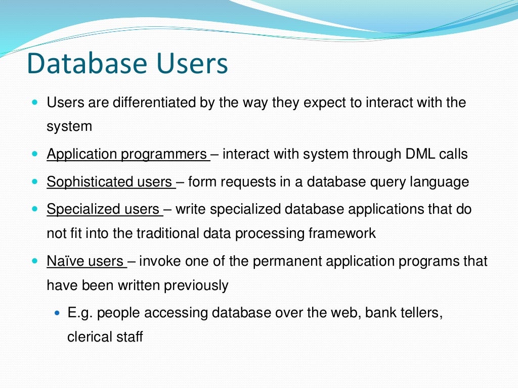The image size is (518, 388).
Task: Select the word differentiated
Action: (153, 103)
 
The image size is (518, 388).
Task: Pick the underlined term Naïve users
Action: (85, 261)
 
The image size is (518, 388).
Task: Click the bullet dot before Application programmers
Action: (34, 153)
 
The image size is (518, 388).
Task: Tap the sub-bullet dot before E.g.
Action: (57, 313)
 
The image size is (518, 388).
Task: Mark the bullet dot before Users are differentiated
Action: (34, 102)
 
